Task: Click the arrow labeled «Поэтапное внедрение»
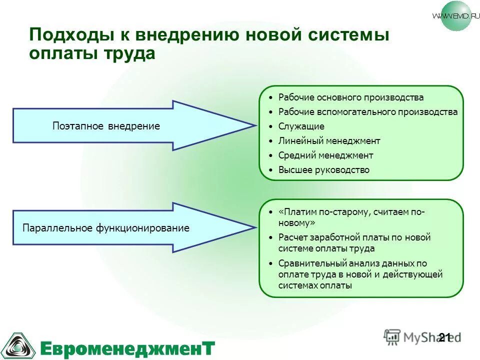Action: coord(106,126)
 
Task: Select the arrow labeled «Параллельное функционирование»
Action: coord(106,228)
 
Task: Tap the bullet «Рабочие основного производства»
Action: coord(351,97)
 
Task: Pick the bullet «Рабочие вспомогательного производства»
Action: coord(368,112)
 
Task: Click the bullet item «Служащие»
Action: coord(301,126)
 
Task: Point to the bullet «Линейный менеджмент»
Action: coord(329,141)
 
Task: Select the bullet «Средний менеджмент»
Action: coord(326,155)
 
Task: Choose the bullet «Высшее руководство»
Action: coord(324,170)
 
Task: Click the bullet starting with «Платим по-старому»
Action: coord(351,217)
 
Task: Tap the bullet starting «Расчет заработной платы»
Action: coord(354,243)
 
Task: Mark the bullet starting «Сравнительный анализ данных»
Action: coord(360,274)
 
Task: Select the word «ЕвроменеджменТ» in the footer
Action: coord(127,347)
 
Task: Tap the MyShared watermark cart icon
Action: coord(392,336)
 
